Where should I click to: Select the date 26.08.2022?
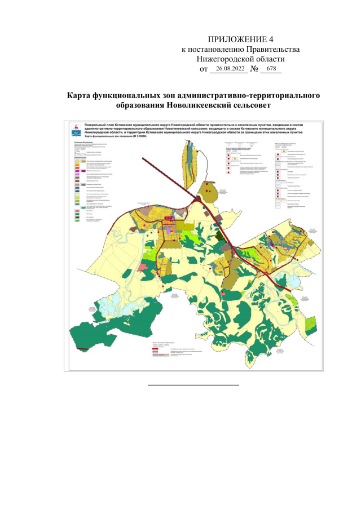(230, 68)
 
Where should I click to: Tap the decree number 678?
(271, 68)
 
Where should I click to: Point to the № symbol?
(254, 69)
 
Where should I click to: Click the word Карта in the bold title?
(80, 95)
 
